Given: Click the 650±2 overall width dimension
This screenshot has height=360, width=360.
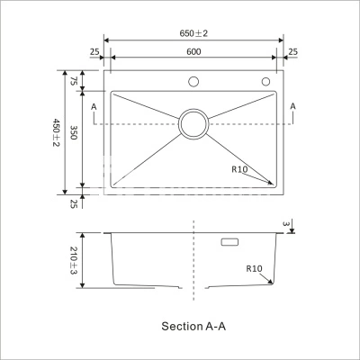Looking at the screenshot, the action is tap(193, 33).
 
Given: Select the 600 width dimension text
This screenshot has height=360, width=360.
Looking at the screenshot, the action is tap(193, 51).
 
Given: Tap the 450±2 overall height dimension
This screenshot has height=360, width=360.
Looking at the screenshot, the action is tap(57, 132).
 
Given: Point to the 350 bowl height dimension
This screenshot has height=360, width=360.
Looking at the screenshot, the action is tap(74, 132).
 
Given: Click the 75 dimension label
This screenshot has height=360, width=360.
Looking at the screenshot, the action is tap(74, 81).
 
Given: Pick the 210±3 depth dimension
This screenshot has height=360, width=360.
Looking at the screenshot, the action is tap(74, 260).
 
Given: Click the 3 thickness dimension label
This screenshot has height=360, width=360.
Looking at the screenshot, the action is tap(286, 224).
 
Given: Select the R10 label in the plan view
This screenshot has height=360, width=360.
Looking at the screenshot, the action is tap(239, 169).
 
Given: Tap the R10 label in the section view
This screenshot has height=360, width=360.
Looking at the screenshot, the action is tap(254, 268).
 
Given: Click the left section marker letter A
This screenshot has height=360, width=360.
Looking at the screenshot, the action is tap(94, 106).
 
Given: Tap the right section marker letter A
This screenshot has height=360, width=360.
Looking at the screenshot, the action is tap(293, 106).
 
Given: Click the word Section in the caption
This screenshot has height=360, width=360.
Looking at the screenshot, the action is tap(182, 326).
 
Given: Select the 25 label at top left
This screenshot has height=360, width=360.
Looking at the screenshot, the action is tap(94, 52).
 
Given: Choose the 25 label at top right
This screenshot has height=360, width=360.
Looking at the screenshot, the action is tap(293, 52).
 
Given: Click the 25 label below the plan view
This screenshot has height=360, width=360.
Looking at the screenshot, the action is tap(74, 204).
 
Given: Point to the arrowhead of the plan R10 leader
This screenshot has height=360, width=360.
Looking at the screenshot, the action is tap(271, 183).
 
